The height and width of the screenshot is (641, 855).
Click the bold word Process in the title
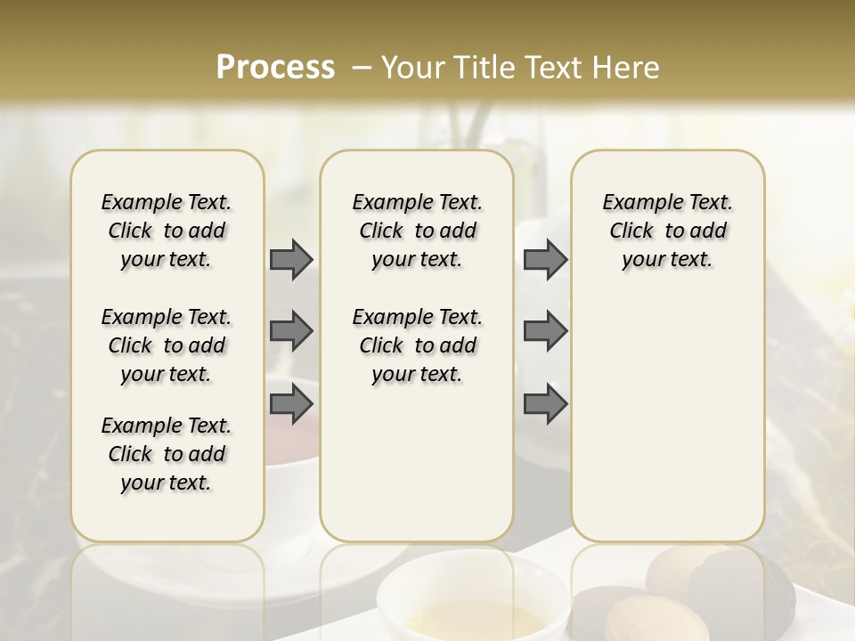(x=275, y=68)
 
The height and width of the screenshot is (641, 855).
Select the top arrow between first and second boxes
(x=291, y=259)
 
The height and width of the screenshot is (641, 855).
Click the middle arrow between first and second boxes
(x=291, y=332)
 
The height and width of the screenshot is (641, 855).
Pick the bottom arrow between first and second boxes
(x=291, y=405)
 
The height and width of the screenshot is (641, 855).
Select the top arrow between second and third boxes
(x=545, y=259)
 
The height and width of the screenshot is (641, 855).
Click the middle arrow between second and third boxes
(x=545, y=332)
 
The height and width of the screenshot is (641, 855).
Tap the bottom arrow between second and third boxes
(x=545, y=405)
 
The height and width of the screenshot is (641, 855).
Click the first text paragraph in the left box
(x=167, y=231)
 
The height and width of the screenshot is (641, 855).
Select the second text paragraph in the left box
(x=167, y=345)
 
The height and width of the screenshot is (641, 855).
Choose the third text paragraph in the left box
(x=167, y=454)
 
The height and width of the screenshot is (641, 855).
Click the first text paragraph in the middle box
(x=417, y=231)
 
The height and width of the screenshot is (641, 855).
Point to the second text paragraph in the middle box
(x=417, y=345)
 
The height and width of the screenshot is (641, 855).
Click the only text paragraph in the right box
(x=667, y=231)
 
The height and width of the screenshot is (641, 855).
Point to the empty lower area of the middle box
(x=417, y=463)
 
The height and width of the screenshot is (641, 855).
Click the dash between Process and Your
(x=362, y=68)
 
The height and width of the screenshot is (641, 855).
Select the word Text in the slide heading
(x=548, y=68)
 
